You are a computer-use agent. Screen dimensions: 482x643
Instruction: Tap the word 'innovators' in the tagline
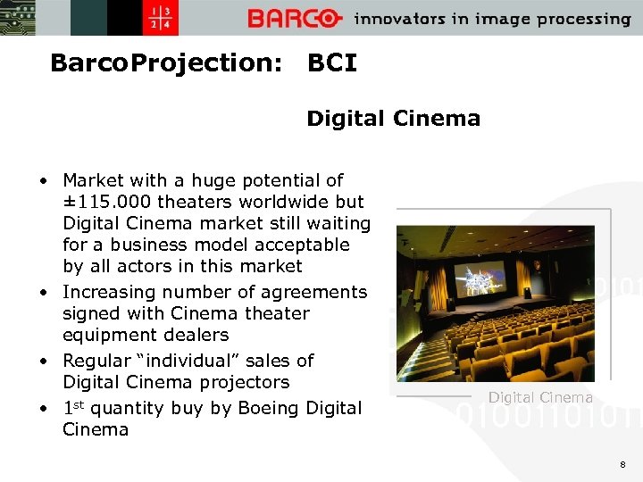(399, 19)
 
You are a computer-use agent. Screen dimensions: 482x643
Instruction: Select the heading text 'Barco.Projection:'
(166, 63)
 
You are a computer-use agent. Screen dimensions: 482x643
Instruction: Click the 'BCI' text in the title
(331, 63)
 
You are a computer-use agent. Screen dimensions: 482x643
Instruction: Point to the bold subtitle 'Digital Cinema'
(393, 119)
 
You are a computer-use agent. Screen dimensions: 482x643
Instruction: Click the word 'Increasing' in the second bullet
(108, 292)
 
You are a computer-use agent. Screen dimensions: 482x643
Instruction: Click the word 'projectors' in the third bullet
(244, 382)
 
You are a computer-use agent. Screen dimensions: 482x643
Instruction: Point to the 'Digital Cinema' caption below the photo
(540, 398)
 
